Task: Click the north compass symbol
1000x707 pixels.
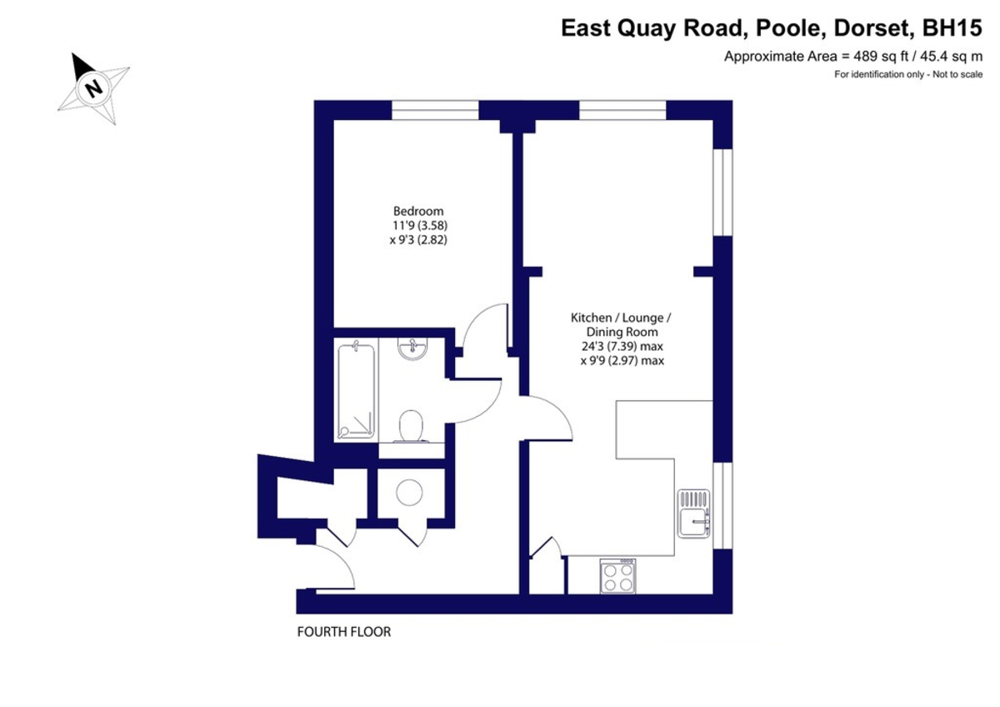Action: [x=93, y=88]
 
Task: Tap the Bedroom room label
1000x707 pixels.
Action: [x=418, y=211]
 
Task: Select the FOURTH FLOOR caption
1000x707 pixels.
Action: [x=343, y=632]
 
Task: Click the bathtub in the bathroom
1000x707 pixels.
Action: [x=356, y=389]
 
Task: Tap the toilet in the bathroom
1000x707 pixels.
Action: [x=412, y=428]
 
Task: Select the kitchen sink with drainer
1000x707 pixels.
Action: [x=693, y=514]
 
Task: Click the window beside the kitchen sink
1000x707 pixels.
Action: [x=722, y=505]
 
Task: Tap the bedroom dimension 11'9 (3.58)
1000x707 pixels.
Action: [x=418, y=225]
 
